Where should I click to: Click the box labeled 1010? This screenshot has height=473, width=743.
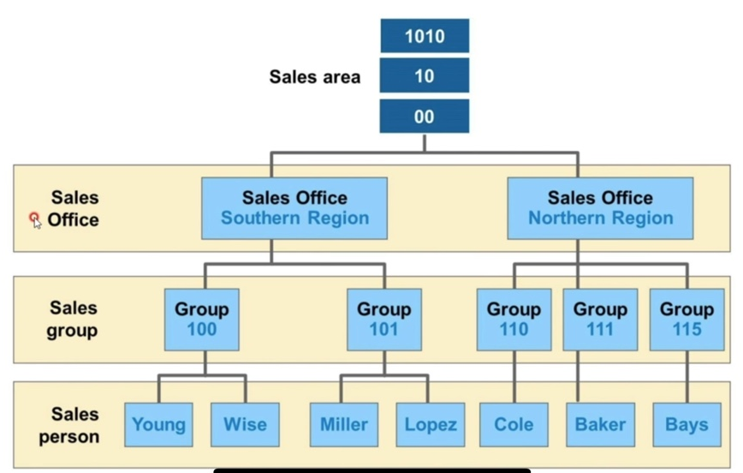424,36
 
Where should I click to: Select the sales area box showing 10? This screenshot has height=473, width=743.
424,76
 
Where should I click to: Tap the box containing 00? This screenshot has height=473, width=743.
424,117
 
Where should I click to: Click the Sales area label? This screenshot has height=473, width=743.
315,77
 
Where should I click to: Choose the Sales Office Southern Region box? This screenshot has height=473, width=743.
294,208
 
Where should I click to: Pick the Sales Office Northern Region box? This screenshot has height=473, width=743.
600,208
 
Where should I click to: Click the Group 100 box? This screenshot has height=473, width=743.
202,319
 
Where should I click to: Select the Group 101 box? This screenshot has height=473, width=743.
384,319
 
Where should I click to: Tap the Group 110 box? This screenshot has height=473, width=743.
514,319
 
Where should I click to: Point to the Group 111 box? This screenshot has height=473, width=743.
600,319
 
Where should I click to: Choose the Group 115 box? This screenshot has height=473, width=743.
687,319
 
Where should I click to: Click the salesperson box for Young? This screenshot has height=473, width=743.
158,424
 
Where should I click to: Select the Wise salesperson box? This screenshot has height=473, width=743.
245,424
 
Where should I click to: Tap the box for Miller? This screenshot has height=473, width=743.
344,424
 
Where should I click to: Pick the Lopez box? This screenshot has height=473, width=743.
431,424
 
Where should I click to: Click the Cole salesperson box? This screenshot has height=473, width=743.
514,424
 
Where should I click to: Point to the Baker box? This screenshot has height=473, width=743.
600,424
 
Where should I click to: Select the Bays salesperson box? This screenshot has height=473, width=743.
687,424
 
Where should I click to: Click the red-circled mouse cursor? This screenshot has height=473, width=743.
35,220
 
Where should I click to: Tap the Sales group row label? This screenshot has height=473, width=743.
74,319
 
